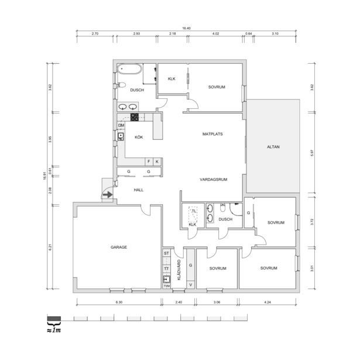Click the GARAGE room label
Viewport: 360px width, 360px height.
(119, 247)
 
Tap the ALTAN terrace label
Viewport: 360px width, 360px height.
(273, 147)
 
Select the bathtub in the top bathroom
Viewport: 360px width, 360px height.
(130, 69)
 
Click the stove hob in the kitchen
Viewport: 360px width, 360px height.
(135, 117)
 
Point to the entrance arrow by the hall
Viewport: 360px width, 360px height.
(108, 195)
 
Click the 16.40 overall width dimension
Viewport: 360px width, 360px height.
(186, 28)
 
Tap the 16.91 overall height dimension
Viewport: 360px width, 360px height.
(44, 176)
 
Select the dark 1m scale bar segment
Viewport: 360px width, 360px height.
(54, 318)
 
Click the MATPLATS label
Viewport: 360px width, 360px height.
(212, 134)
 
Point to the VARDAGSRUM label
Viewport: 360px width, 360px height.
(214, 180)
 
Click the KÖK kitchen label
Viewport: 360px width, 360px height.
(139, 137)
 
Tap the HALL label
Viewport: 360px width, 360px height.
(139, 190)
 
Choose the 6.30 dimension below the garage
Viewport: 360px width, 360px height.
(119, 302)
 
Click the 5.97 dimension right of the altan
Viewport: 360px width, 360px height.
(312, 153)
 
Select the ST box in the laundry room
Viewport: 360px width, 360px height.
(166, 253)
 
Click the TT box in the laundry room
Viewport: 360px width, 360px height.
(166, 269)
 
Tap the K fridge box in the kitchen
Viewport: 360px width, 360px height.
(157, 162)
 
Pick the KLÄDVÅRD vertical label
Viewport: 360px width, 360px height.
(179, 270)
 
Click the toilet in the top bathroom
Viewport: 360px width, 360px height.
(121, 85)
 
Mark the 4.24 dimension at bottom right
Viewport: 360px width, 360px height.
(268, 302)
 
